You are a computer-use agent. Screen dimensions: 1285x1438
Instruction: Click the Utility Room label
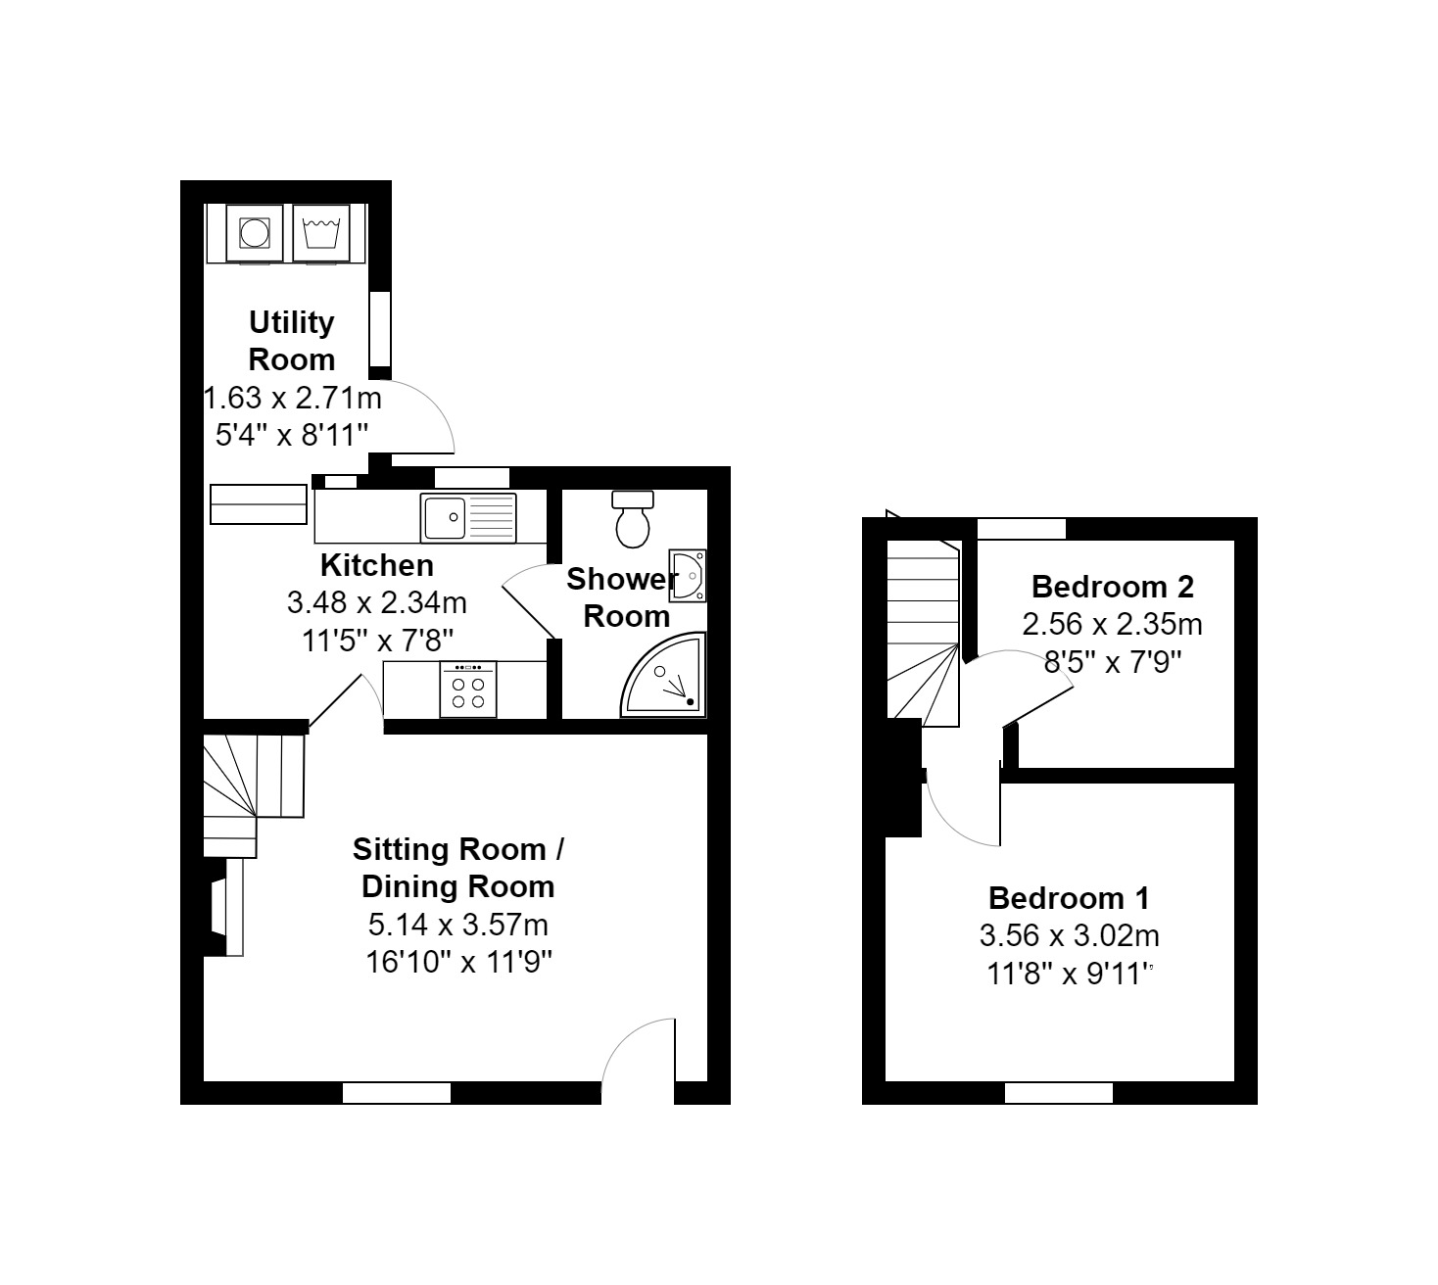pyautogui.click(x=291, y=340)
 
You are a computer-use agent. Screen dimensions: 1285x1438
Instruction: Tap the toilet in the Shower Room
pyautogui.click(x=632, y=519)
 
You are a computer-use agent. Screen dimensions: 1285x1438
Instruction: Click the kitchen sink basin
pyautogui.click(x=443, y=517)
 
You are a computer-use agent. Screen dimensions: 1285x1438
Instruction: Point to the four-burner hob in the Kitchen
pyautogui.click(x=468, y=690)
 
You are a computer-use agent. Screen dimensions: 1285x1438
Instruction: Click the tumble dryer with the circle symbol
pyautogui.click(x=255, y=233)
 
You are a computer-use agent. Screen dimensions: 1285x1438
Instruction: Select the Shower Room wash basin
pyautogui.click(x=690, y=575)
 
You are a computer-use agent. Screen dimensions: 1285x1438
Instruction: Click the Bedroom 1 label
pyautogui.click(x=1069, y=897)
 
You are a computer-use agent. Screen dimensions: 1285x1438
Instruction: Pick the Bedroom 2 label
pyautogui.click(x=1113, y=587)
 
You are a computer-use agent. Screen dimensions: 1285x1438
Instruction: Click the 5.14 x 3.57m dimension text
pyautogui.click(x=458, y=924)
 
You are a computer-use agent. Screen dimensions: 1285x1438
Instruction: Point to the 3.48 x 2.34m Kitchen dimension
pyautogui.click(x=376, y=602)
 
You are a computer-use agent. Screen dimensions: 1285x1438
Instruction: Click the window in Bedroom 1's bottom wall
pyautogui.click(x=1059, y=1092)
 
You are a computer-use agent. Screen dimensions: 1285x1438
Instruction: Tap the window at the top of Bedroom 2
pyautogui.click(x=1022, y=529)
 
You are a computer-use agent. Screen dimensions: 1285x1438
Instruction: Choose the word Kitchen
pyautogui.click(x=377, y=565)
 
